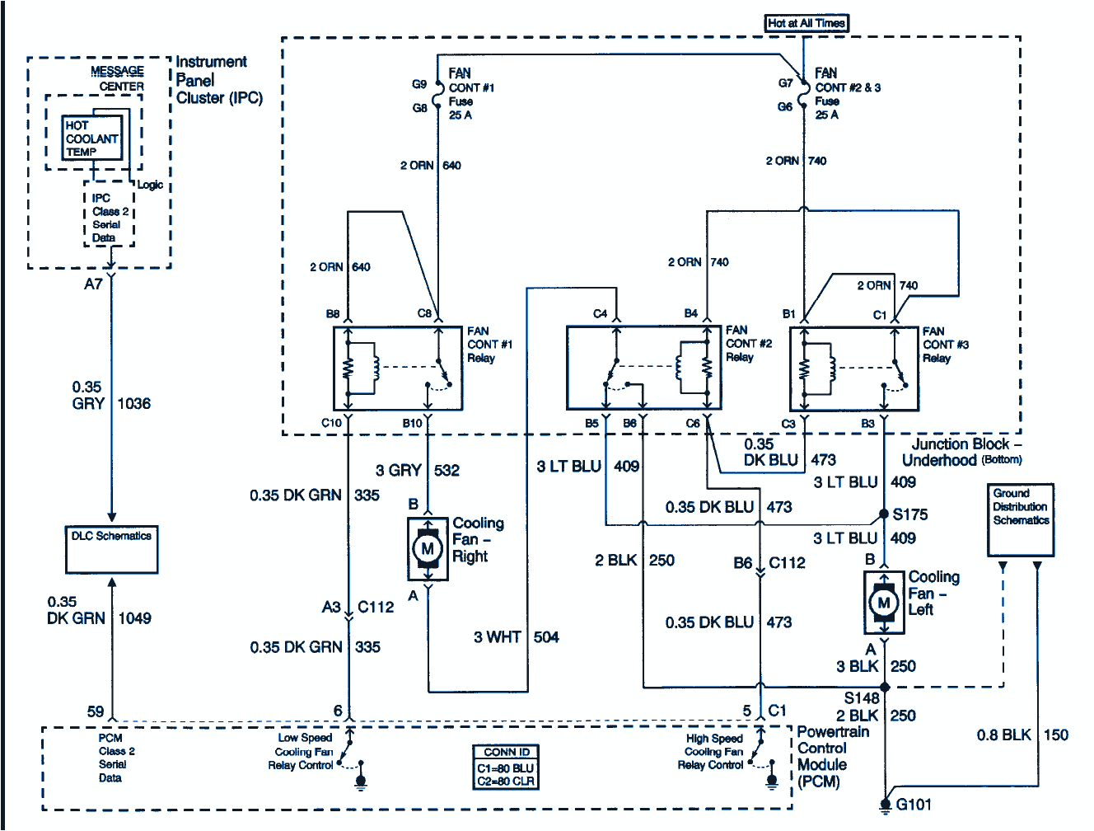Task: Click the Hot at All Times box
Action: [806, 23]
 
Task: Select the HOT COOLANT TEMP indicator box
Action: [91, 138]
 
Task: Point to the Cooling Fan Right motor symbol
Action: [428, 548]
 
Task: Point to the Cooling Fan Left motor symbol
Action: [884, 603]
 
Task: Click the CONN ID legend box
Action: [507, 767]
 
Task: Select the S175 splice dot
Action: [884, 514]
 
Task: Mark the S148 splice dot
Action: [885, 687]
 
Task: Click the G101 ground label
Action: [914, 804]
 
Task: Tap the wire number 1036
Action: [133, 403]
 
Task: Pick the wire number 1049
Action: [134, 618]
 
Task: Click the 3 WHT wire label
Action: [497, 637]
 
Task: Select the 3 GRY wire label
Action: [399, 471]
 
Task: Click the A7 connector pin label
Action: [93, 284]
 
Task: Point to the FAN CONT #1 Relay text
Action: [489, 345]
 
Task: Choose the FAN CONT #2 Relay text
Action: [748, 344]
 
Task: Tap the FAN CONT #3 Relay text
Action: [945, 345]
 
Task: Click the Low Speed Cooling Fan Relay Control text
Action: [303, 752]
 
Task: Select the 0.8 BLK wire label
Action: [1003, 735]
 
